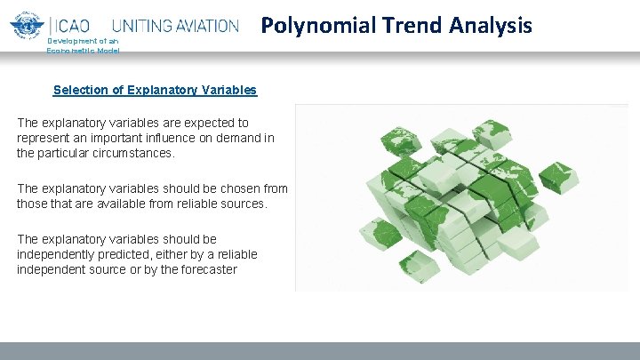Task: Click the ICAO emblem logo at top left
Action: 28,27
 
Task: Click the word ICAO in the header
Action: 76,27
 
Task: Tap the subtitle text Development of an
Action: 82,42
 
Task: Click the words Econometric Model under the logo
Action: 83,51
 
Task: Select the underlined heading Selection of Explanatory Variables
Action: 155,90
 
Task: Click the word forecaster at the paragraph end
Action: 206,269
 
